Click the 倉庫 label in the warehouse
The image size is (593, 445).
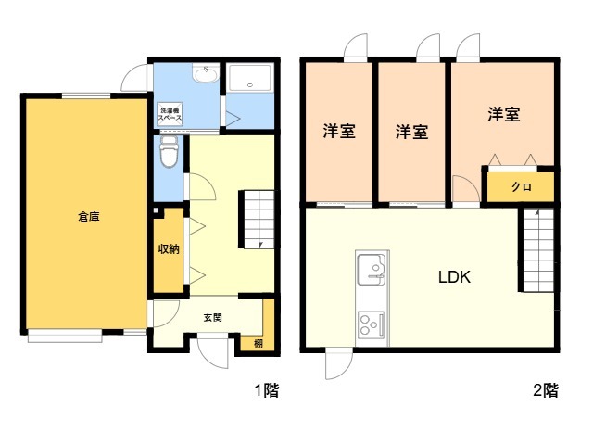pos(89,217)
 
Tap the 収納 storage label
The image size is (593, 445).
pos(168,248)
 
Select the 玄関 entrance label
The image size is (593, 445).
pos(212,317)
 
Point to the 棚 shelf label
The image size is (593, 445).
pos(258,344)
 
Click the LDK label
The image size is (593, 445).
pos(455,275)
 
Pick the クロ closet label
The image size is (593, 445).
pos(521,186)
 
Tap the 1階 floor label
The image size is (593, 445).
pos(267,390)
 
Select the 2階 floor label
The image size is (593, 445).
pos(546,390)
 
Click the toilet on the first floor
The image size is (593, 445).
pos(169,152)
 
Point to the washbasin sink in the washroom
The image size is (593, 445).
pos(205,75)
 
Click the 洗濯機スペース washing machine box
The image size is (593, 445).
pos(169,113)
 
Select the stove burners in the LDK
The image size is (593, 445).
pos(372,324)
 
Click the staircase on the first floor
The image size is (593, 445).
pos(259,220)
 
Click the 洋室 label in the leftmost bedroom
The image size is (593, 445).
pos(339,131)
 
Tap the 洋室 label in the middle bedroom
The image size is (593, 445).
pos(411,131)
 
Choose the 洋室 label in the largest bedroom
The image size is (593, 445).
pos(504,115)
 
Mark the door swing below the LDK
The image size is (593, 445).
pos(337,366)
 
